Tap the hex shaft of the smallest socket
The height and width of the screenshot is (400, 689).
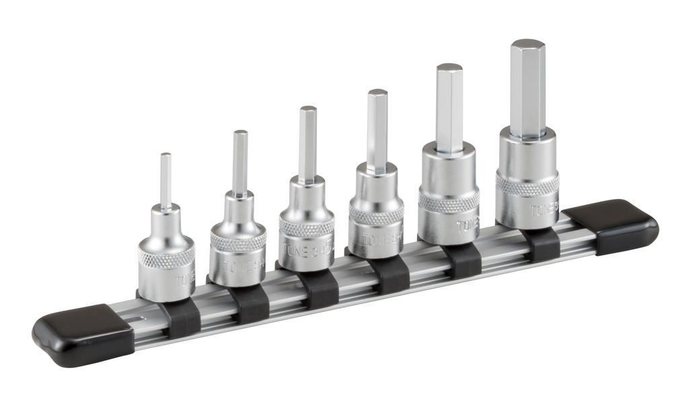coord(166,178)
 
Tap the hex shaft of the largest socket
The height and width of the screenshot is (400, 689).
coord(527,87)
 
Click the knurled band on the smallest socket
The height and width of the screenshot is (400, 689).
coord(166,256)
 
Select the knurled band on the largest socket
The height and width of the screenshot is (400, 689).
coord(527,184)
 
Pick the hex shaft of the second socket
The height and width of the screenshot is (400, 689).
coord(240,161)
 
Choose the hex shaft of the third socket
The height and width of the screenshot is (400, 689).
coord(307,143)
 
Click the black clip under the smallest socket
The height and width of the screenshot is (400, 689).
coord(182,318)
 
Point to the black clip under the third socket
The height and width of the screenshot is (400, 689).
coord(318,289)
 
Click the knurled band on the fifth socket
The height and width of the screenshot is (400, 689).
coord(448,199)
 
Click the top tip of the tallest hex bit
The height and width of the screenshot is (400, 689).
coord(527,44)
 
